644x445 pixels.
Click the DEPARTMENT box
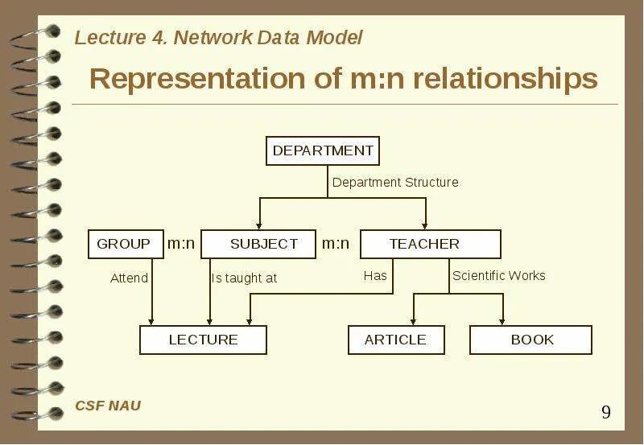click(322, 150)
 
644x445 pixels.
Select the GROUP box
click(123, 244)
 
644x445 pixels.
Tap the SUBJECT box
click(258, 244)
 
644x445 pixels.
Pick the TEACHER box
click(430, 244)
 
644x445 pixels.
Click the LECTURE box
click(203, 340)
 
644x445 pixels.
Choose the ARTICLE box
click(395, 340)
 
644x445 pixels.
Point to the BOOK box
click(530, 340)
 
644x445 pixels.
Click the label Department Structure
click(395, 183)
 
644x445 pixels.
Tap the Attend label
click(129, 278)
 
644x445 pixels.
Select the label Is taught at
click(244, 278)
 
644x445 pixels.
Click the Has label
click(375, 276)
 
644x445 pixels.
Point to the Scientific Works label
click(498, 276)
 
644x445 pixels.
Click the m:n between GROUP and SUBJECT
click(181, 244)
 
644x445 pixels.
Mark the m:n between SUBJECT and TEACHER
click(336, 244)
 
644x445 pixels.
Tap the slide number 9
click(606, 413)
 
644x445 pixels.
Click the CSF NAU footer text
click(108, 406)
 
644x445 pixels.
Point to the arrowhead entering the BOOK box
click(503, 321)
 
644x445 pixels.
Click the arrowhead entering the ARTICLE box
click(414, 321)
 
